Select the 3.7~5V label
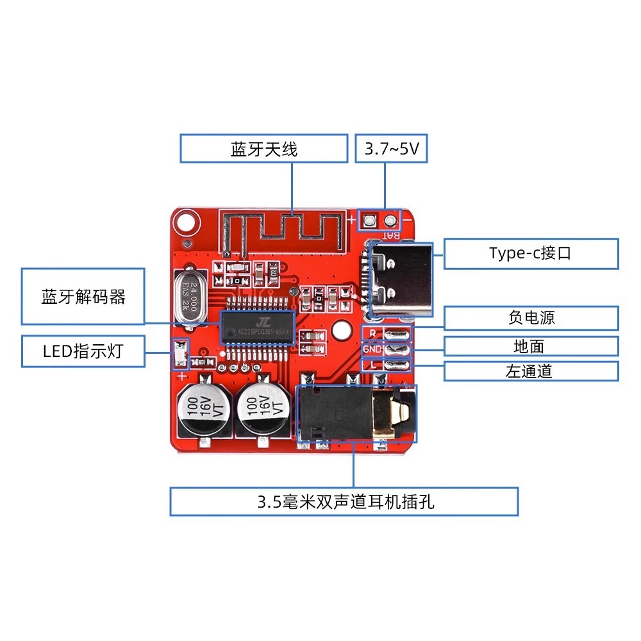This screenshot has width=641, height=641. [x=391, y=149]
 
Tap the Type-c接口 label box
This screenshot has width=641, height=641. [x=531, y=253]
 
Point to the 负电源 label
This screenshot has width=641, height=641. [x=531, y=318]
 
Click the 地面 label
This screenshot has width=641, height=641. [x=531, y=347]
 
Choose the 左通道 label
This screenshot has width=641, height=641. [x=531, y=371]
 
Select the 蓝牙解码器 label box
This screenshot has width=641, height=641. [x=83, y=297]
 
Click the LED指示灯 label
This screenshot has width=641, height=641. [x=83, y=351]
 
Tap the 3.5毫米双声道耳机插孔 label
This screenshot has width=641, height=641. [x=344, y=501]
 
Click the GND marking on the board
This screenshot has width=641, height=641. [x=372, y=349]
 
